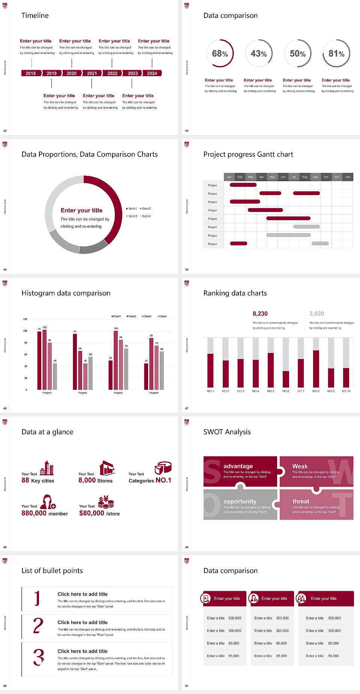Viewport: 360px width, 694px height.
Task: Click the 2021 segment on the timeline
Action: point(92,73)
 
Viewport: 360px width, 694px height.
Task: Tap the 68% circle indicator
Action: point(220,54)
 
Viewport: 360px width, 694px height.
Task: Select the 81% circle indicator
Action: point(336,54)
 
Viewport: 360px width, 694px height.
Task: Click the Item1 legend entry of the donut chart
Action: point(132,209)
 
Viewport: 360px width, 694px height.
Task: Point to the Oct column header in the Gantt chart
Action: point(326,177)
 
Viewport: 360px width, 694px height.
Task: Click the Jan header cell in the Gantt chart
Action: point(229,177)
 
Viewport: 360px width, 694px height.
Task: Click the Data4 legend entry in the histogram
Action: point(162,316)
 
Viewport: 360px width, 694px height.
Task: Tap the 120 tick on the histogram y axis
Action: point(25,319)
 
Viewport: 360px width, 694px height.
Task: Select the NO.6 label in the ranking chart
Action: point(286,391)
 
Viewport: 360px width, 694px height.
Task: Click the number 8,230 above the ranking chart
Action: point(260,314)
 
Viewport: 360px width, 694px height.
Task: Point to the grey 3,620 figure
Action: point(317,314)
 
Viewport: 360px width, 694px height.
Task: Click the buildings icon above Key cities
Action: point(47,468)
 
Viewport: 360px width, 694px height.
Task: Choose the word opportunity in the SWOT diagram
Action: point(240,502)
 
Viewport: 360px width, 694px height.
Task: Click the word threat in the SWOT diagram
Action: point(301,502)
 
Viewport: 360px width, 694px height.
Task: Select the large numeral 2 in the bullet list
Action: point(38,626)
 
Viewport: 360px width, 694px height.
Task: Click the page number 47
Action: point(187,408)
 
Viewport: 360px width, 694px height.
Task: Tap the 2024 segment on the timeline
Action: point(152,73)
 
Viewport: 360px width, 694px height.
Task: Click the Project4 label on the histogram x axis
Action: point(154,393)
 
